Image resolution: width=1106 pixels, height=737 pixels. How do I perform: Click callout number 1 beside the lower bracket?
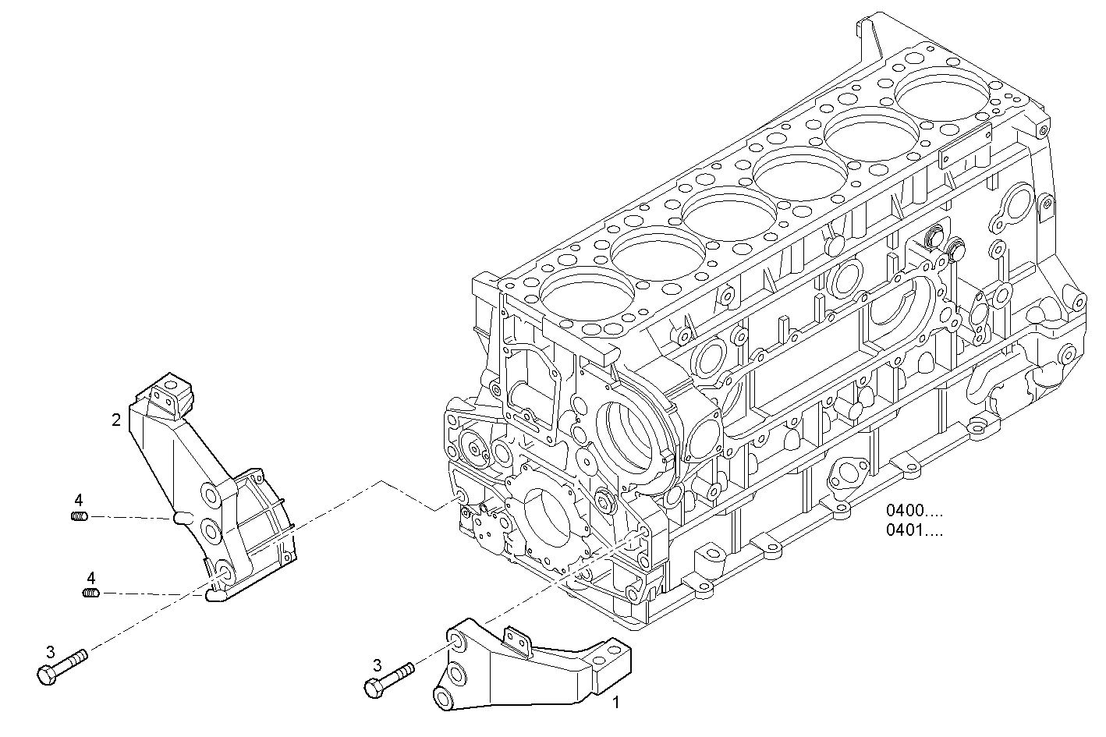pyautogui.click(x=615, y=703)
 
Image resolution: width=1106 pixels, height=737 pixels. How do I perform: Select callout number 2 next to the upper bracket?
pyautogui.click(x=116, y=420)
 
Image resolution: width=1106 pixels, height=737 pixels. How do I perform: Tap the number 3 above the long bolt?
pyautogui.click(x=51, y=652)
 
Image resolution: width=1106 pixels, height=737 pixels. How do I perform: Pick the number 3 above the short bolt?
pyautogui.click(x=378, y=665)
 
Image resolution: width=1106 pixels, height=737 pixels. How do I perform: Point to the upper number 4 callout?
pyautogui.click(x=79, y=500)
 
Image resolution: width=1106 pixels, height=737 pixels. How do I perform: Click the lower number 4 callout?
pyautogui.click(x=91, y=578)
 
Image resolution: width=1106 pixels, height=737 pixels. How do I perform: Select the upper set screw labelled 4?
pyautogui.click(x=79, y=516)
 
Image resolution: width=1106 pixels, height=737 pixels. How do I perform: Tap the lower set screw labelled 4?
pyautogui.click(x=91, y=593)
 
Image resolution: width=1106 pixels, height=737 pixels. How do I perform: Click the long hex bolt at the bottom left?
pyautogui.click(x=62, y=666)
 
